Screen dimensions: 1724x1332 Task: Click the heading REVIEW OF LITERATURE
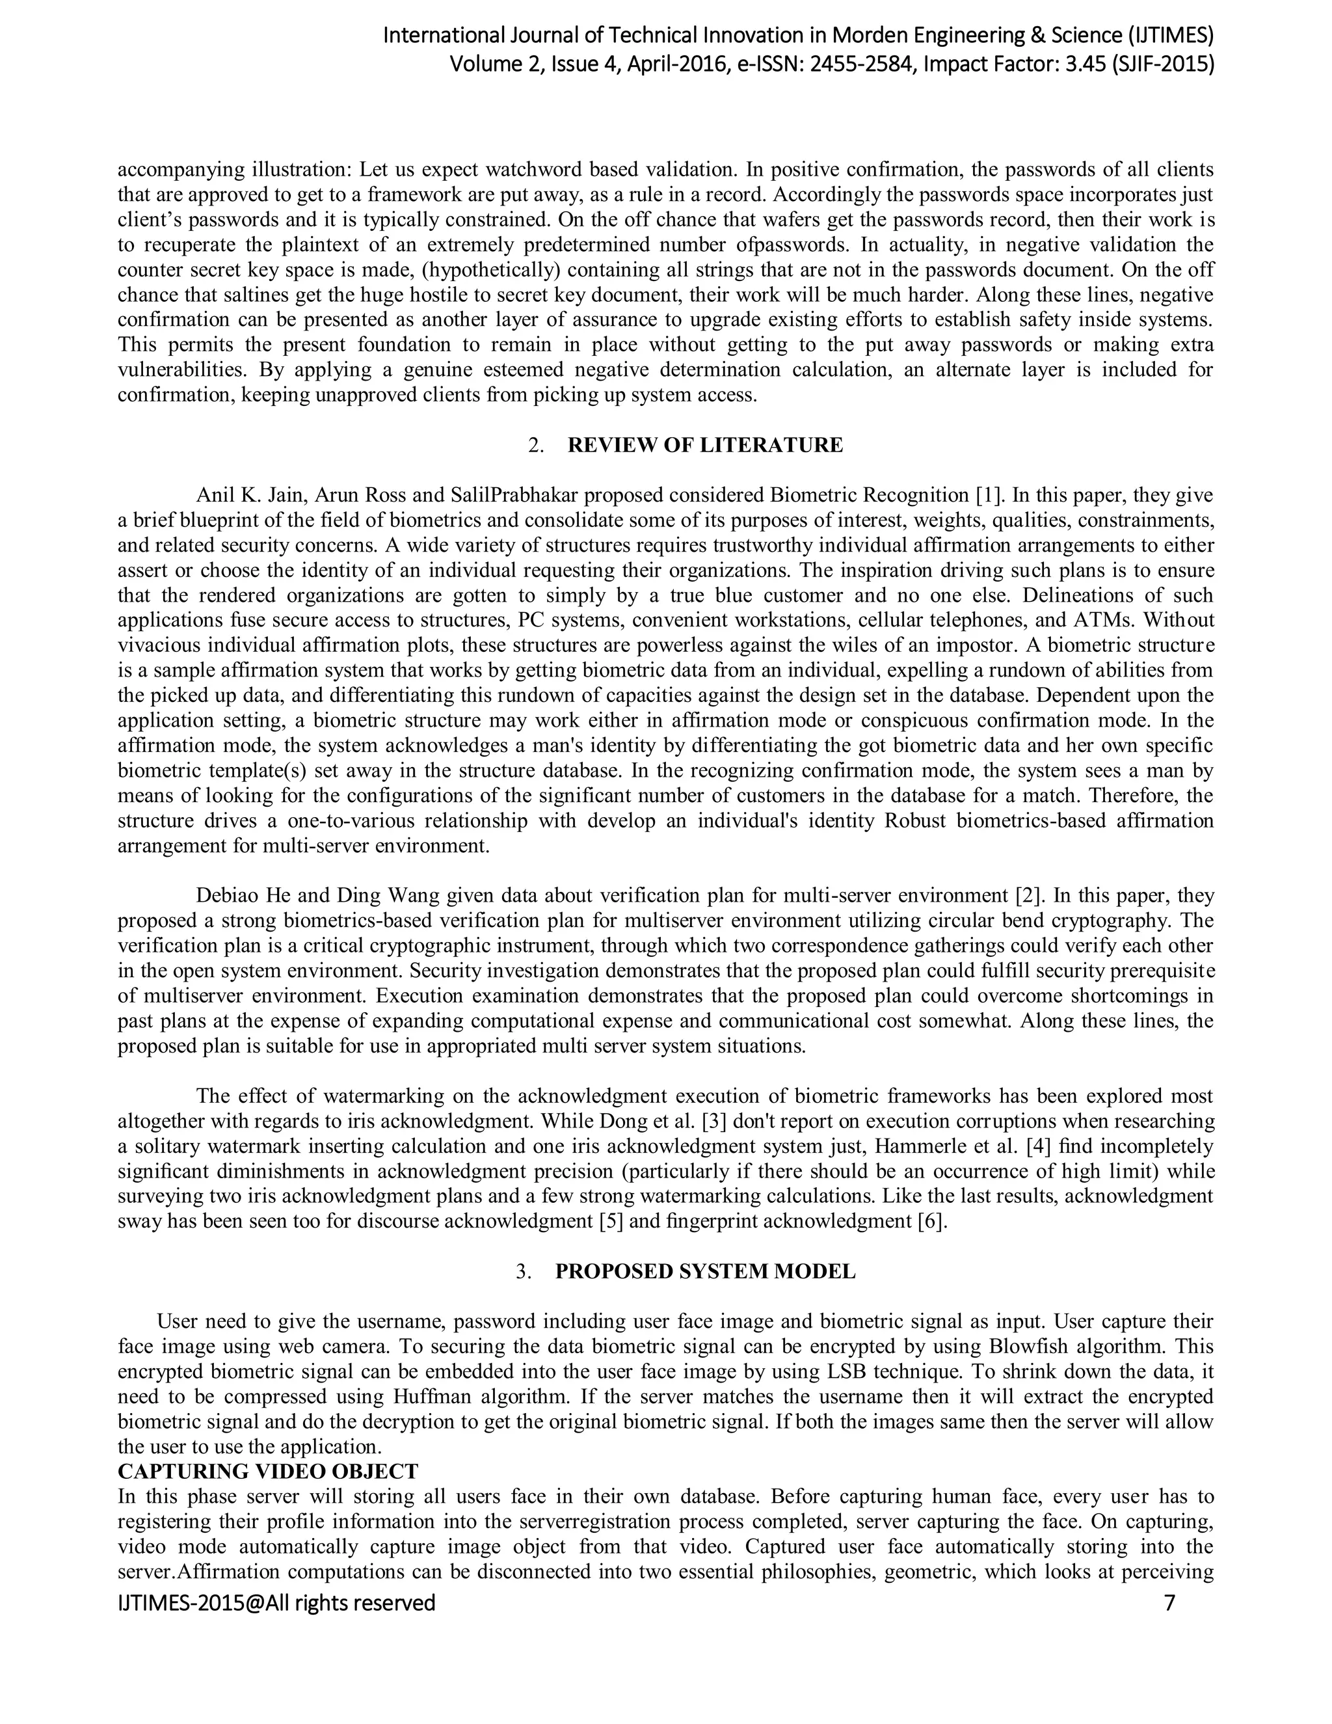coord(704,445)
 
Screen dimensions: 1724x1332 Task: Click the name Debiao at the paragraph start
coord(225,896)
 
